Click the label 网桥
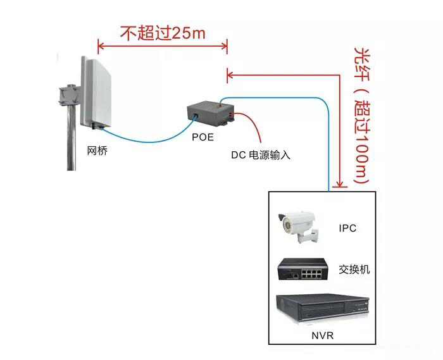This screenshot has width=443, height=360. tap(97, 151)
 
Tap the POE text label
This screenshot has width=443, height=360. tap(203, 137)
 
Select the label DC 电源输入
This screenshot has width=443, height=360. tap(261, 155)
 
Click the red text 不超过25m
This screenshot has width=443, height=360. tap(163, 33)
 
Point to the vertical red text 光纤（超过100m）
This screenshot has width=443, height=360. tap(361, 115)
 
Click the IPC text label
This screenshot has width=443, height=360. tap(347, 228)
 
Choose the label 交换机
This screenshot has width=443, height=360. tap(354, 270)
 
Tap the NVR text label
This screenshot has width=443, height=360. tap(322, 335)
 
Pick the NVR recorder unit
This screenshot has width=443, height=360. tap(322, 309)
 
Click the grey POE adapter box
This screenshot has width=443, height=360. tap(211, 114)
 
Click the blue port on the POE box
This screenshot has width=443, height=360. tap(196, 116)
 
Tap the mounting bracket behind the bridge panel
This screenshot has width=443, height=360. tap(68, 95)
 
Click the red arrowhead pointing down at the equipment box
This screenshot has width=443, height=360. tap(340, 184)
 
